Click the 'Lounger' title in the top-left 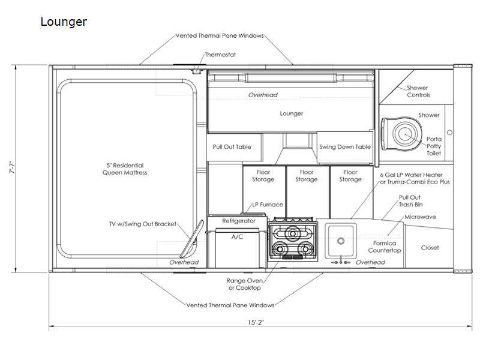(64, 22)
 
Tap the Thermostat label (220, 55)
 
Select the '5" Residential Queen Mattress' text (125, 169)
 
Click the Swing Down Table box (344, 147)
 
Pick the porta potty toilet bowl (406, 134)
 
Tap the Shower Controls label (418, 92)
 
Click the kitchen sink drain (341, 241)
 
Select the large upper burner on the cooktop (292, 233)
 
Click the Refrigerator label (239, 221)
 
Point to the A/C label (237, 236)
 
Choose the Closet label (430, 248)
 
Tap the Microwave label (420, 217)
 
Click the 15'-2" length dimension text (256, 322)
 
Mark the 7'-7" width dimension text (12, 167)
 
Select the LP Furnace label (268, 205)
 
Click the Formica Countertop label (385, 247)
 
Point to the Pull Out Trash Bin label (410, 201)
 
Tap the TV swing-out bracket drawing (191, 239)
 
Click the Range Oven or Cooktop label (245, 284)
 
